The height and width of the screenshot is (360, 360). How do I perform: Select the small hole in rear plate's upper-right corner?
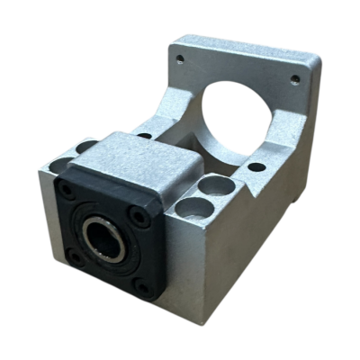(294, 79)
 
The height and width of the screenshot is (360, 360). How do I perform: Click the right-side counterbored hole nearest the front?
(192, 209)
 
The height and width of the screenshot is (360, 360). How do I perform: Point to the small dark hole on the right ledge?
(256, 166)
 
